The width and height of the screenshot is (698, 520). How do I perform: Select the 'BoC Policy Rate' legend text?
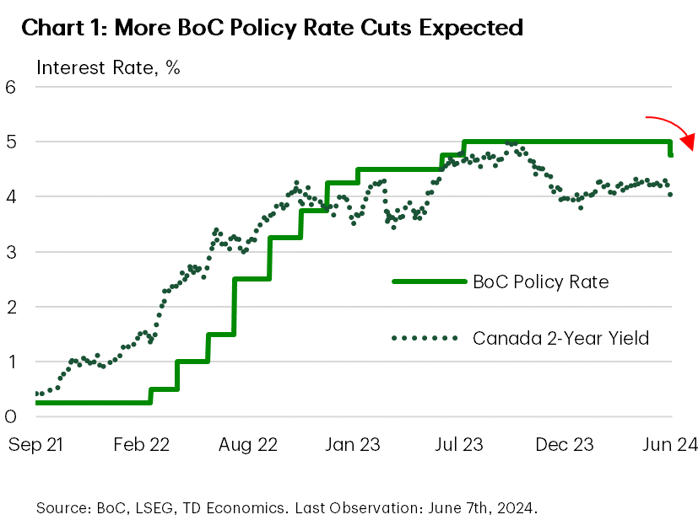[541, 281]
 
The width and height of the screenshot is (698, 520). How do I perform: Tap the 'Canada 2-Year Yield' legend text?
[560, 339]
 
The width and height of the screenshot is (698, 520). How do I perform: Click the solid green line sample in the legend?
[429, 281]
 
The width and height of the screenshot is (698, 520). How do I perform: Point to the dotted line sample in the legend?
[429, 339]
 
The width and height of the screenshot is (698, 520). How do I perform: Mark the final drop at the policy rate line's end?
[671, 148]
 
